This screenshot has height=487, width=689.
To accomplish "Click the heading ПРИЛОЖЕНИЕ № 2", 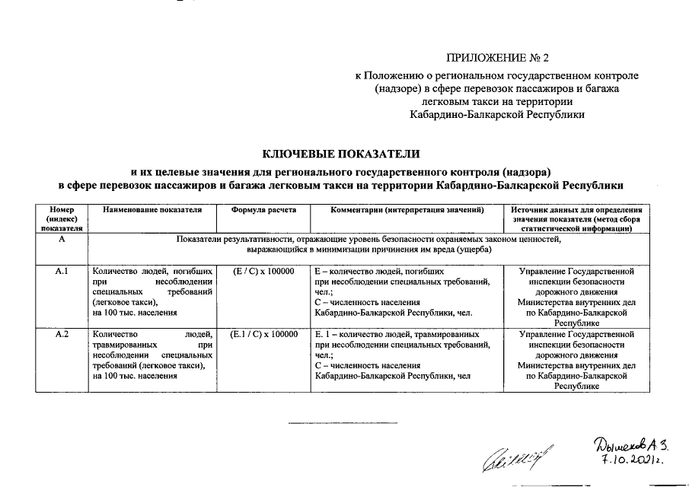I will (496, 58).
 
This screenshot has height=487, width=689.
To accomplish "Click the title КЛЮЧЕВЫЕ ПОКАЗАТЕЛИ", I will (341, 154).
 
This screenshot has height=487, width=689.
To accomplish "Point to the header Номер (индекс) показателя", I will (62, 218).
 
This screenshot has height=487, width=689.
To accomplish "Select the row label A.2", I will (62, 335).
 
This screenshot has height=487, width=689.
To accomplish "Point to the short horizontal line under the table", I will (333, 422).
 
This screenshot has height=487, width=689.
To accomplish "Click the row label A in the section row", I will (62, 240).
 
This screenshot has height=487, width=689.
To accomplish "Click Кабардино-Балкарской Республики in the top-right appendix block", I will (496, 114).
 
